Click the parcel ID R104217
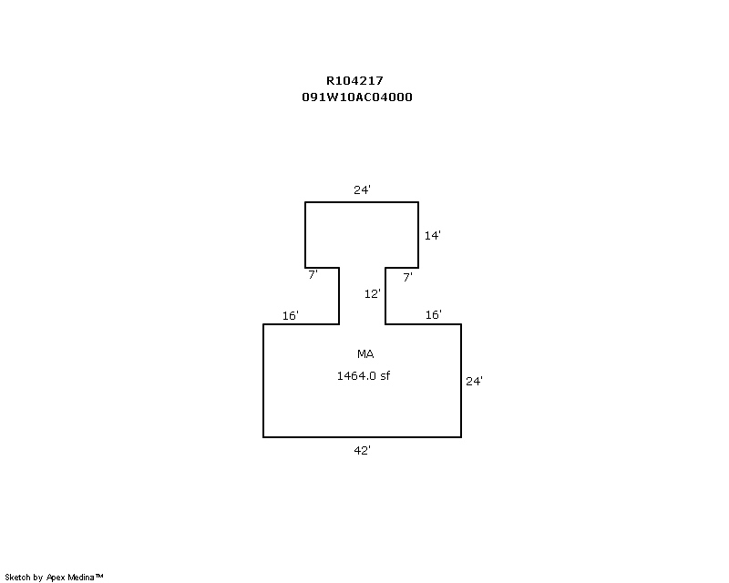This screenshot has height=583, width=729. coord(354,81)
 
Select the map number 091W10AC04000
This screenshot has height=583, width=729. coord(357,97)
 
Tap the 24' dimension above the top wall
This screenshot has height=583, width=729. coord(362,189)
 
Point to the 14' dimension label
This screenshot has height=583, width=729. coord(432,235)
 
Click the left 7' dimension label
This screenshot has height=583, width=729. coord(313,275)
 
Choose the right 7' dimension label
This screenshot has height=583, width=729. coord(407,278)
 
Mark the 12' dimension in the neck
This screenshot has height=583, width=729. coord(373,294)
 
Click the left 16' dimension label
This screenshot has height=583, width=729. coord(290,316)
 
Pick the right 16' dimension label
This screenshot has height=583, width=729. coord(434,315)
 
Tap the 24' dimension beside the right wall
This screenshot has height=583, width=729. coord(474,382)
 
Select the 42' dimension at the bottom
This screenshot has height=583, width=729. coord(362,451)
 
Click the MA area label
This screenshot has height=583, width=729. coord(365,354)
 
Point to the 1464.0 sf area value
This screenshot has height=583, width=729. coord(364,375)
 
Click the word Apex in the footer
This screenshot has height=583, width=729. coord(56,578)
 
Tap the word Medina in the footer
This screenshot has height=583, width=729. coord(81,578)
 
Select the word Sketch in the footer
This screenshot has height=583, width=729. coord(17,578)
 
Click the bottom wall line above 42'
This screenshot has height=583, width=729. coord(362,437)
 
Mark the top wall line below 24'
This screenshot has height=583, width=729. coord(362,202)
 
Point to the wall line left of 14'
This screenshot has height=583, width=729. coord(418,235)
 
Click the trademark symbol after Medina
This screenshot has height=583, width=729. coord(99,576)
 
